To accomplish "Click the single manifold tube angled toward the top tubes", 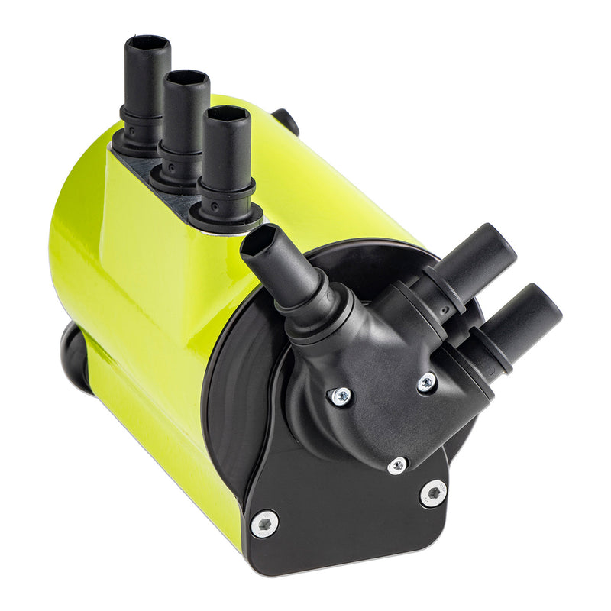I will pos(283,263).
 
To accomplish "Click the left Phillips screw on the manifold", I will pos(341,396).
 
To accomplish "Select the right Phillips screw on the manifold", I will pos(427,382).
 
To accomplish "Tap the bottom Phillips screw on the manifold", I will pos(396,465).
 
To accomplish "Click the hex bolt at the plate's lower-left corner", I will pos(264,523).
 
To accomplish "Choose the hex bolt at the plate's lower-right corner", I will pos(433,493).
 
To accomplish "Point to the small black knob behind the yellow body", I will pos(287,121).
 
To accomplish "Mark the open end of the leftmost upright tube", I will pos(147,43).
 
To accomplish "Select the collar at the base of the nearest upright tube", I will pos(226,212).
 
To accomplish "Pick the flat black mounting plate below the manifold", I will pos(344,519).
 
